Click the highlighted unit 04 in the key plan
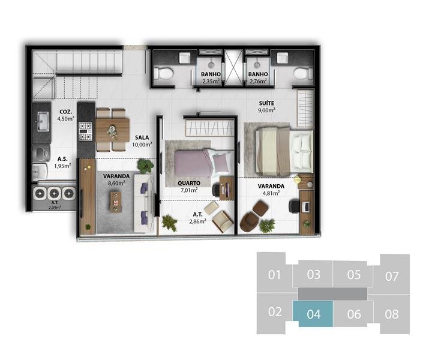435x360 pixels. tap(313, 314)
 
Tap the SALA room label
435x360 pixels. tap(142, 137)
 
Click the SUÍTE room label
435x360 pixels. tap(266, 103)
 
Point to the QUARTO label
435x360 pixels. tap(189, 183)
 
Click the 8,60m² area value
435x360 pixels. tap(116, 183)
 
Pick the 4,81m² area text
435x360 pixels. tap(271, 193)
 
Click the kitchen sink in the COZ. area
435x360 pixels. tap(43, 121)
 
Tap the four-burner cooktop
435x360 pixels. tap(85, 131)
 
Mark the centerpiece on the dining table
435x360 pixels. tap(112, 131)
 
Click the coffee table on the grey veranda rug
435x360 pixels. tap(116, 202)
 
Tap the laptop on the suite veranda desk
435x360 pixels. tap(306, 206)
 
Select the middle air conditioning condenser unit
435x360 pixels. tap(54, 193)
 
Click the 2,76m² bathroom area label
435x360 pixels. tap(258, 81)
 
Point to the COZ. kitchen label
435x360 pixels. tap(66, 112)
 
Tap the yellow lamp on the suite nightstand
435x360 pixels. tap(298, 179)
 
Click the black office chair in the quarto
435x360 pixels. tap(216, 190)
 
